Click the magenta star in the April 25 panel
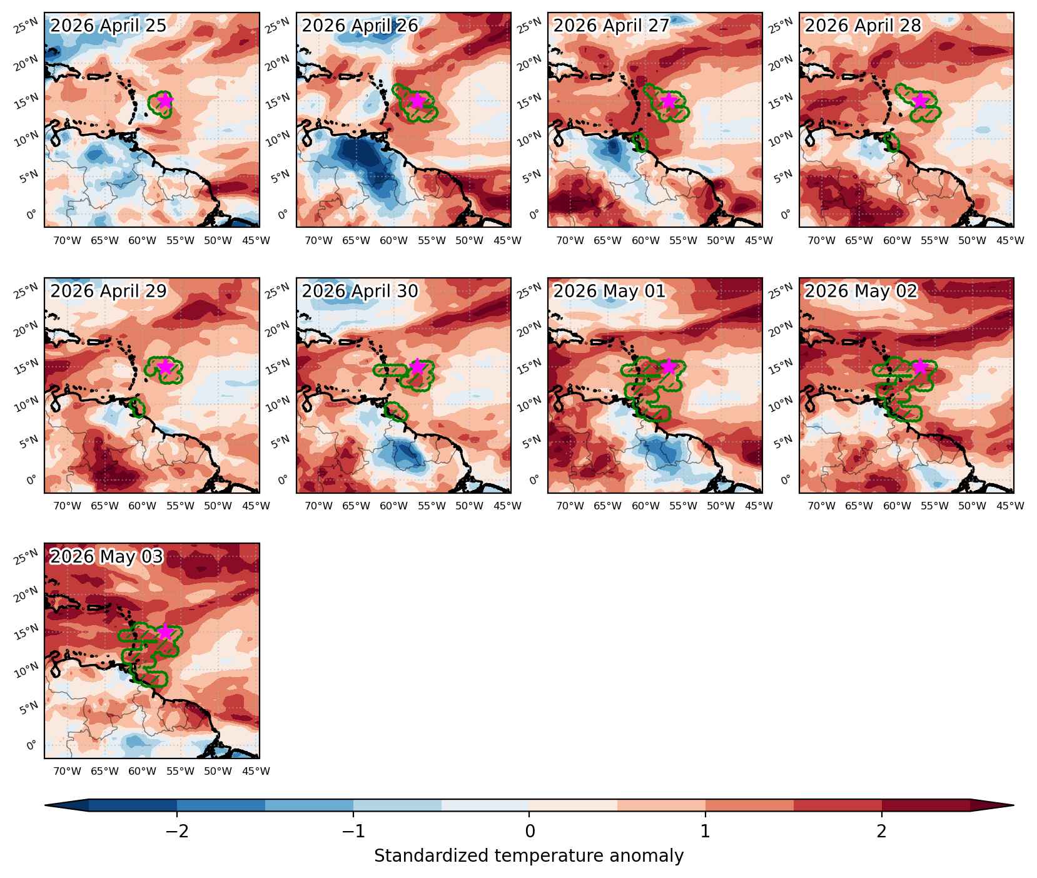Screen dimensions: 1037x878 [x=164, y=100]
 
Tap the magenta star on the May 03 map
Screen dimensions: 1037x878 [x=164, y=631]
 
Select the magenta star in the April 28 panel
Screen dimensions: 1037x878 [x=919, y=100]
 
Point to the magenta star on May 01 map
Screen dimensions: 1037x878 [x=669, y=366]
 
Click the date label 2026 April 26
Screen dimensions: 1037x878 [x=360, y=26]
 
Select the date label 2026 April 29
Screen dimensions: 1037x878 [x=108, y=291]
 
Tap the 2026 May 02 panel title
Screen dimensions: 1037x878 [x=861, y=291]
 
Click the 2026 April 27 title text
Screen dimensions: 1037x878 [x=612, y=26]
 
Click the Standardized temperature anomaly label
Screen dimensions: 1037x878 [x=529, y=855]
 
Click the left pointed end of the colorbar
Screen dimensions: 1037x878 [x=45, y=805]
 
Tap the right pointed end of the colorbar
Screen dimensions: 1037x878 [x=1013, y=805]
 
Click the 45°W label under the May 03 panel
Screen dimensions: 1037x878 [x=256, y=771]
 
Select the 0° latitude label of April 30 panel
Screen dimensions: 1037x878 [x=283, y=479]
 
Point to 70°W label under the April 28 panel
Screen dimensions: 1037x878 [x=821, y=240]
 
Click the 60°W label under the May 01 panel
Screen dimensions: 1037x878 [x=645, y=506]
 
